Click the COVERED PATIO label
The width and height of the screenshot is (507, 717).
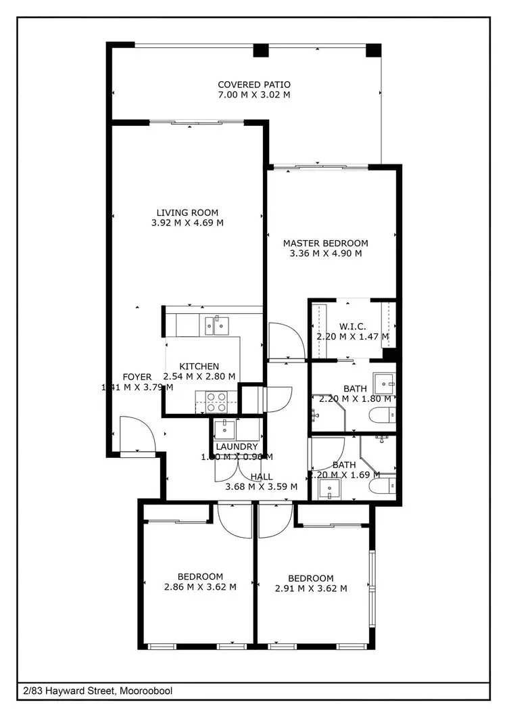coord(254,85)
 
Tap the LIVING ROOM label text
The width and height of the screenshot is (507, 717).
coord(187,212)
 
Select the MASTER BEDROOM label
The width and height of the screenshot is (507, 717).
coord(325,244)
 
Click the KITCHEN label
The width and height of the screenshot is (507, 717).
coord(199,366)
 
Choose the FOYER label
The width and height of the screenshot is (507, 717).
coord(137,377)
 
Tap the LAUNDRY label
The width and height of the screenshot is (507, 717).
coord(237,447)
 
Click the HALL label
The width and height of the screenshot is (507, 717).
coord(262,476)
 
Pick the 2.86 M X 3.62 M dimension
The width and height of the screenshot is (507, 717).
coord(200,587)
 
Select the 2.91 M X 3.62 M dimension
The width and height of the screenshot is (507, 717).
coord(311,588)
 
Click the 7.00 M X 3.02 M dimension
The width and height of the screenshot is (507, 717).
coord(254,95)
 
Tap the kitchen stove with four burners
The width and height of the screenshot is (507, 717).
coord(216,402)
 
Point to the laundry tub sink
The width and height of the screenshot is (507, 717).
coord(224,429)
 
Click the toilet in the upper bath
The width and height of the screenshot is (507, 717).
coord(385,415)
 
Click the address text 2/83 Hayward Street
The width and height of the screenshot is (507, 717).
coord(97,691)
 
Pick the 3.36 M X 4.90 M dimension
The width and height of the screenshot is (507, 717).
coord(325,254)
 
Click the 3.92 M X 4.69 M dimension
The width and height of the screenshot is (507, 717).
coord(187,223)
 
